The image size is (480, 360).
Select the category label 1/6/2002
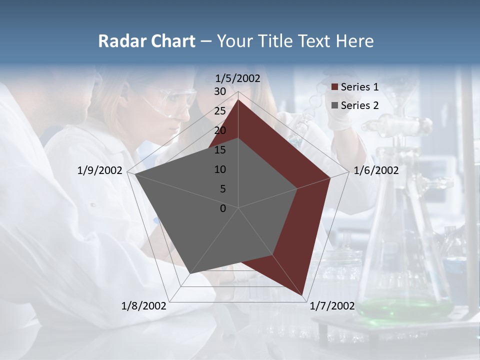pyautogui.click(x=376, y=170)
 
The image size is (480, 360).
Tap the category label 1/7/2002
pyautogui.click(x=332, y=305)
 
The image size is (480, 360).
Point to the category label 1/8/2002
pyautogui.click(x=144, y=305)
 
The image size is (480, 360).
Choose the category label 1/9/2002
pyautogui.click(x=100, y=170)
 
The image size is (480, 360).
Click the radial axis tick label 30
pyautogui.click(x=220, y=91)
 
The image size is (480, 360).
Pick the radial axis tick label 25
pyautogui.click(x=220, y=111)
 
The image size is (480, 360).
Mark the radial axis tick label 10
pyautogui.click(x=220, y=169)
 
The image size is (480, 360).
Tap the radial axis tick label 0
pyautogui.click(x=223, y=208)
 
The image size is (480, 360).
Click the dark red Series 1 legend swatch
pyautogui.click(x=335, y=87)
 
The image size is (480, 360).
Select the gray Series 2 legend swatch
pyautogui.click(x=335, y=105)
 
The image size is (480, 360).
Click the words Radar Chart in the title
pyautogui.click(x=146, y=41)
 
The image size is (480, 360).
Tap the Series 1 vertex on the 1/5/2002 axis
pyautogui.click(x=238, y=100)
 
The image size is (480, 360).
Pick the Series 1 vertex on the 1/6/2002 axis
pyautogui.click(x=330, y=177)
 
